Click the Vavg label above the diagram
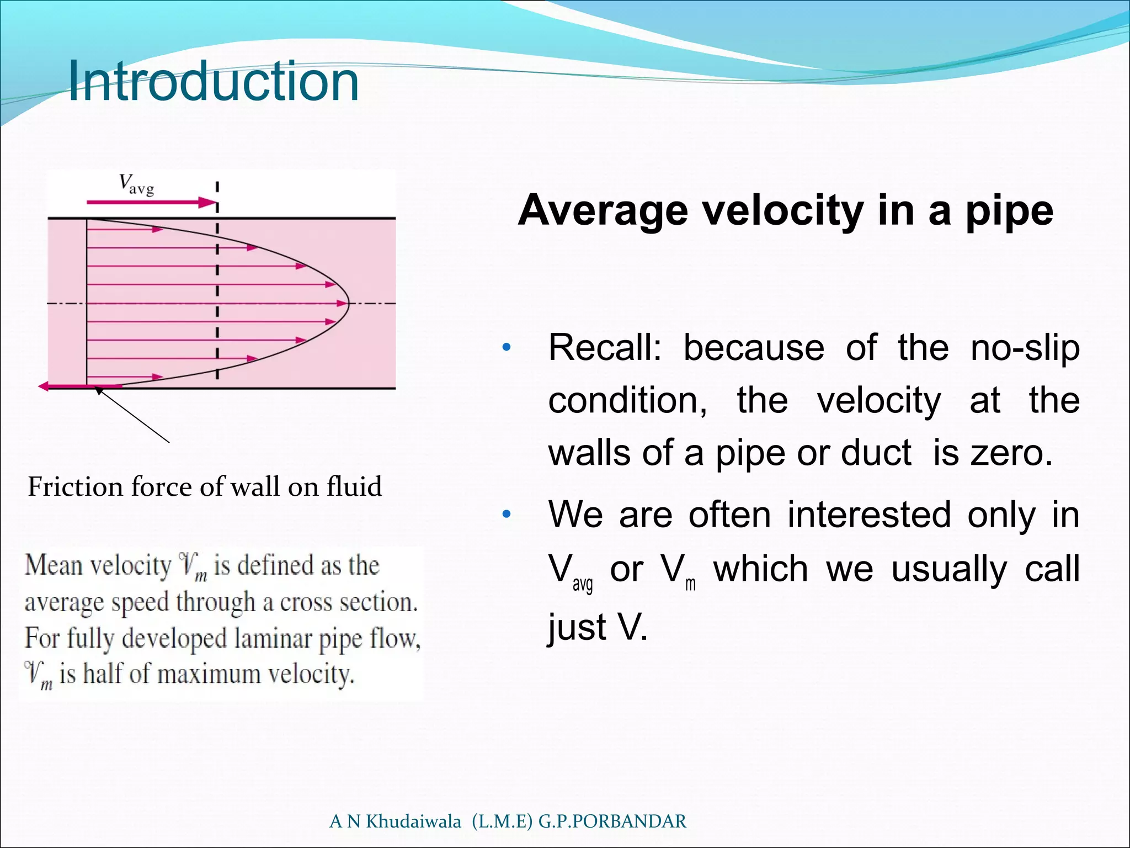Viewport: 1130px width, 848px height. tap(136, 184)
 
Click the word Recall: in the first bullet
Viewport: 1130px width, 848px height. tap(604, 348)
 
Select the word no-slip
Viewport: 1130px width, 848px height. tap(1025, 348)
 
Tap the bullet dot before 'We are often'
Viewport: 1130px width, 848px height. tap(507, 515)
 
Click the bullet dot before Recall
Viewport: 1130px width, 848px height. tap(507, 348)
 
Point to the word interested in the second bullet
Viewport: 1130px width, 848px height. tap(869, 515)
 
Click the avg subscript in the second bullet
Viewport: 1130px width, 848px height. tap(583, 584)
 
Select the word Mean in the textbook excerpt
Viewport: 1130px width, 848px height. tap(53, 565)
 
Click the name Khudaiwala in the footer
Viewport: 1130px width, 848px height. tap(413, 821)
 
